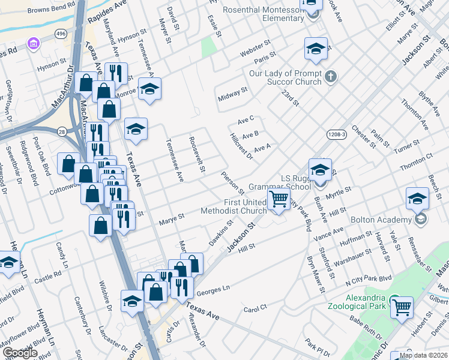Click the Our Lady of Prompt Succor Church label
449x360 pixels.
pos(286,77)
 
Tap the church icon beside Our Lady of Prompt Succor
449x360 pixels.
pos(331,76)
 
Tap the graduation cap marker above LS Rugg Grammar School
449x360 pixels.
pos(320,169)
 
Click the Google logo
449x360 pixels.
pos(19,353)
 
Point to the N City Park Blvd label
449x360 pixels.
pos(368,280)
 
